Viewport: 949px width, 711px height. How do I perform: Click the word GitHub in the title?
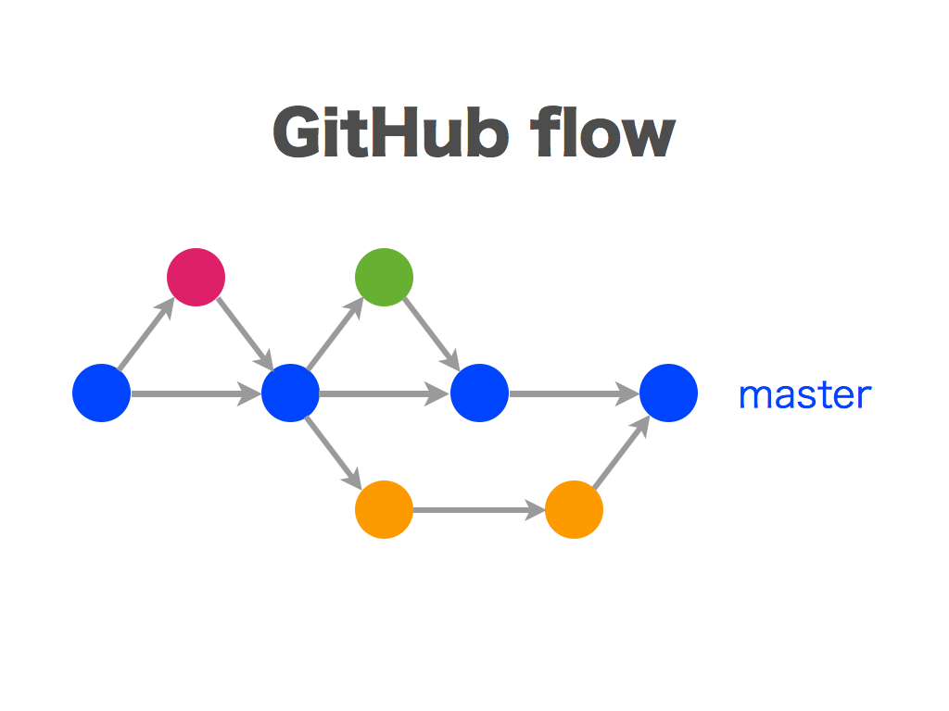tap(390, 133)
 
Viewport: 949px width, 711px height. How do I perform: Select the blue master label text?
tap(804, 395)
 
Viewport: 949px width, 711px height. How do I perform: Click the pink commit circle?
tap(196, 277)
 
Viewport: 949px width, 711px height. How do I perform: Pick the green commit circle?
tap(384, 277)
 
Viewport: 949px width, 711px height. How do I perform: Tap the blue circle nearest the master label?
tap(668, 393)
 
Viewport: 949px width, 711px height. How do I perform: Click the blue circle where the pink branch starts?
tap(101, 393)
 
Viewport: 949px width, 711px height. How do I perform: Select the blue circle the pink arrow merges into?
tap(290, 393)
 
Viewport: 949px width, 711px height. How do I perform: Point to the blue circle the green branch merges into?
tap(479, 393)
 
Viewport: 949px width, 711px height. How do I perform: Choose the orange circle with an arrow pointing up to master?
tap(574, 509)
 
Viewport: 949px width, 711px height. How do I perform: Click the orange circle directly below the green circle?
tap(384, 509)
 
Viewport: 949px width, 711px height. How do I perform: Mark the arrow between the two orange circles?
tap(478, 509)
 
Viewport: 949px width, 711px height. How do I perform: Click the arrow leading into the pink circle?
tap(146, 334)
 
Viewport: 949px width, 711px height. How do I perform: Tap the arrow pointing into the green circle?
tap(335, 334)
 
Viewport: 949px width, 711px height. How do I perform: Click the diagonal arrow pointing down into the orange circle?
tap(334, 453)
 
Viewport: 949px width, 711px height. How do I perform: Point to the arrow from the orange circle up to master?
tap(620, 453)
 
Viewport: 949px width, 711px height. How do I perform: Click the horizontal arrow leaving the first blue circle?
tap(196, 393)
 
